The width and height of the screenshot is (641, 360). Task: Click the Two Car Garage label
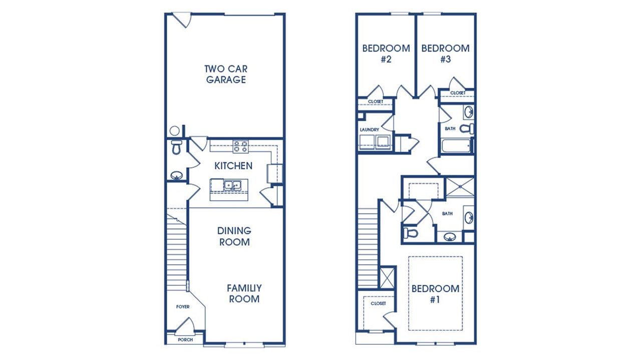point(226,74)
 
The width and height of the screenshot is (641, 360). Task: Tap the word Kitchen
point(233,166)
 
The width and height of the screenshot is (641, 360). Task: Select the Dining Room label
point(233,236)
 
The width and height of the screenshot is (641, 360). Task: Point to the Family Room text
point(244,293)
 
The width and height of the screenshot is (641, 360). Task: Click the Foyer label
point(183,306)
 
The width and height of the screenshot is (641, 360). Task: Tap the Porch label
point(185,340)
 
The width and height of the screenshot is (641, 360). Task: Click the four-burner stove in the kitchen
point(240,147)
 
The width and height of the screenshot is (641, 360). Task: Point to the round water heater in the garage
point(174,132)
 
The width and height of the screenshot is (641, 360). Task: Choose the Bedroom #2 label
point(386,54)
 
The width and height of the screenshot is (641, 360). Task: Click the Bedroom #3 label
point(445,54)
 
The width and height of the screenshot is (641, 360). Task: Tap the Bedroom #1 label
point(435,294)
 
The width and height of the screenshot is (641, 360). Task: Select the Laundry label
point(369,130)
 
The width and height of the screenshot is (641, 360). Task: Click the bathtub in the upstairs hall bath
point(456,147)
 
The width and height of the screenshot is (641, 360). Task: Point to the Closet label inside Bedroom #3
point(458,93)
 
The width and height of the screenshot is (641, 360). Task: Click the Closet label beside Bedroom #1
point(378,303)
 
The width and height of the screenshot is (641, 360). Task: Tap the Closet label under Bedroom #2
point(376,102)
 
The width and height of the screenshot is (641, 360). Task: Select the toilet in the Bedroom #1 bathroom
point(410,233)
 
